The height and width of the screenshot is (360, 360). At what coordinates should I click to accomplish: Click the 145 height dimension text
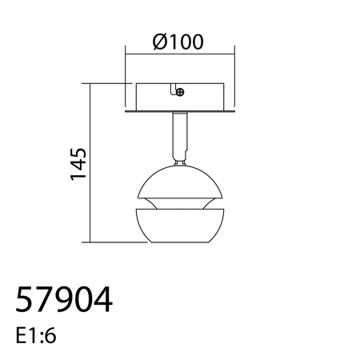[78, 163]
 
